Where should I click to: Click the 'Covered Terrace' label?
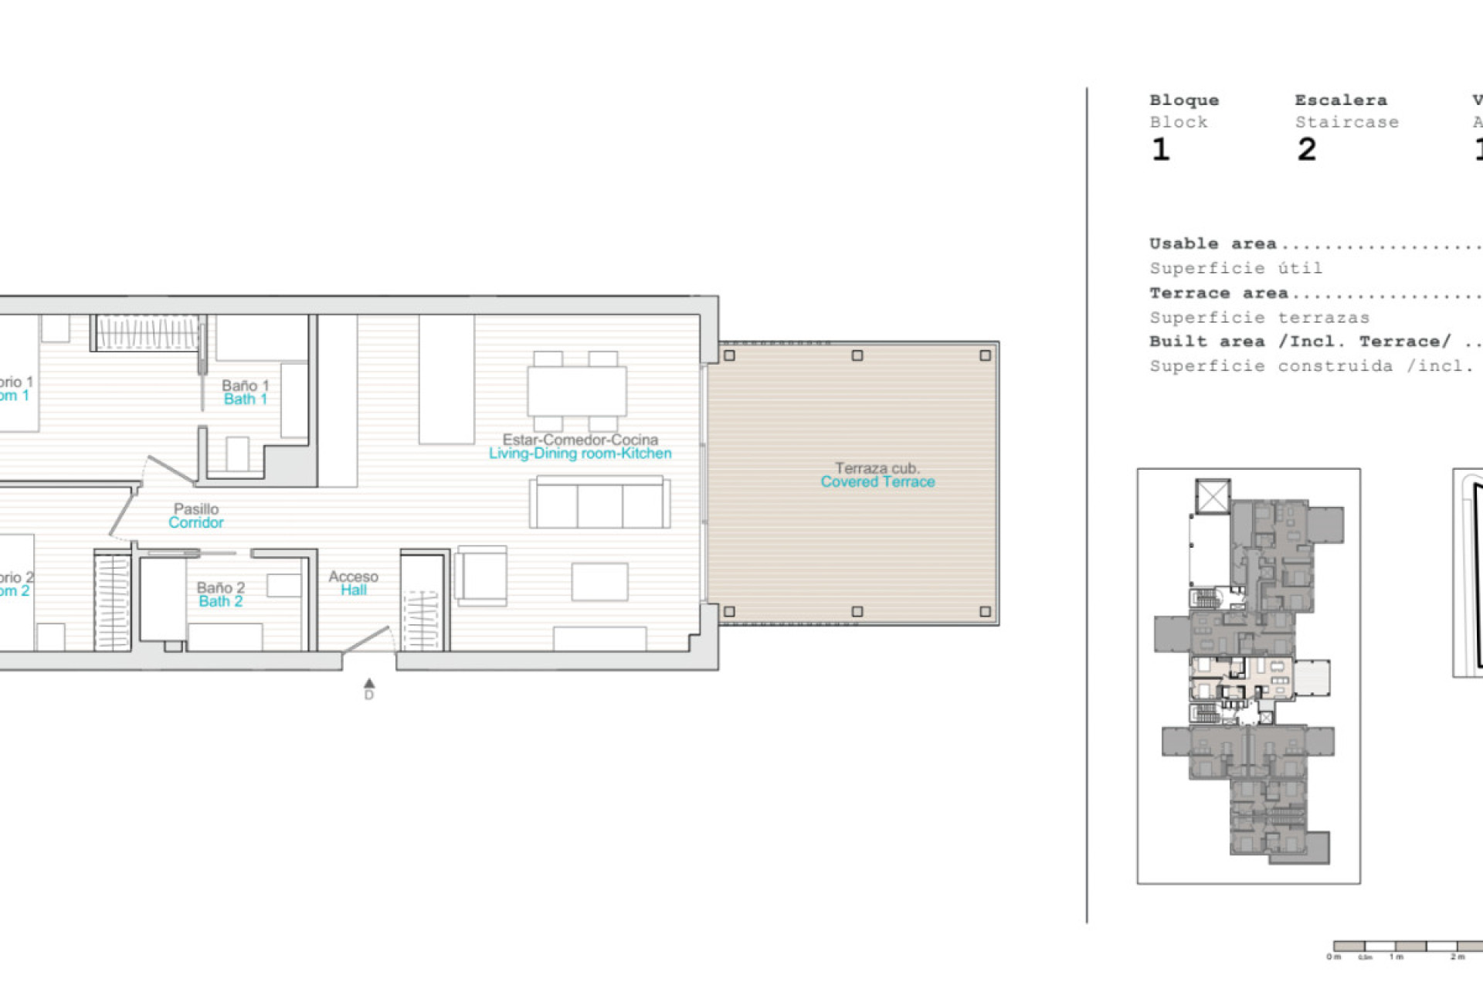point(877,482)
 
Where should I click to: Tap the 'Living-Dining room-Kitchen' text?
point(579,454)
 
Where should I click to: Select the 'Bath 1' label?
point(245,399)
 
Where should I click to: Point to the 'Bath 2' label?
point(220,601)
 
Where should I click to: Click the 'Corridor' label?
point(196,522)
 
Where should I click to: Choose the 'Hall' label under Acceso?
point(354,590)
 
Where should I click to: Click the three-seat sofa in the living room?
point(599,504)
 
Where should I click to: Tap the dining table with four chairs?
point(576,391)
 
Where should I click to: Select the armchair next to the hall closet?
point(482,576)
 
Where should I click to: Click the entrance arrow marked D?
point(369,685)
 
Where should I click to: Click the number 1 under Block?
point(1160,149)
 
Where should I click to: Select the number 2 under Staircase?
point(1306,149)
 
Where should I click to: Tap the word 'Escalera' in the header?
point(1340,100)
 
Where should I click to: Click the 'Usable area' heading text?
point(1212,244)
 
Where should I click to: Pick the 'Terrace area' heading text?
point(1218,294)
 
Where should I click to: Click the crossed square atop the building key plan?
point(1213,496)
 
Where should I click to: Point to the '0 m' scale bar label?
point(1333,957)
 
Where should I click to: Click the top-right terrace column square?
point(985,355)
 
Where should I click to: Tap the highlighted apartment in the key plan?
point(1244,677)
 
